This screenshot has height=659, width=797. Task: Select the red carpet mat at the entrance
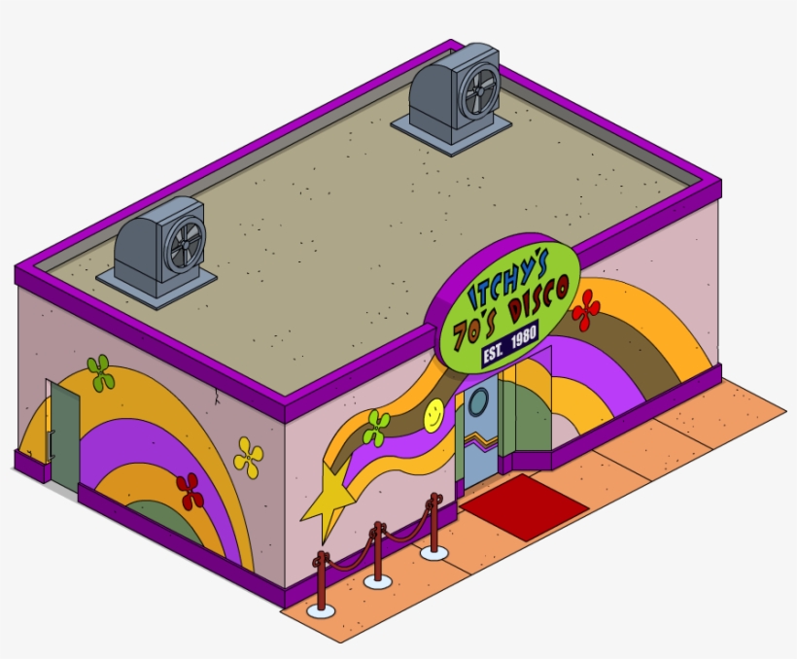(524, 505)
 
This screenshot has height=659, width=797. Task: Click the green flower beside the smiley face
(376, 428)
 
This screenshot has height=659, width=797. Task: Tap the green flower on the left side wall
(100, 372)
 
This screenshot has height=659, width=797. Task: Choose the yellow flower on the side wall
(248, 457)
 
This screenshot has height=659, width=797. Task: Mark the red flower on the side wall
(191, 491)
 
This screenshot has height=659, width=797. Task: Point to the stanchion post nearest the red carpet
(433, 526)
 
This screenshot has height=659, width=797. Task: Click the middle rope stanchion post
(377, 554)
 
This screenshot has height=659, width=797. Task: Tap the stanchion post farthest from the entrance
(320, 583)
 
